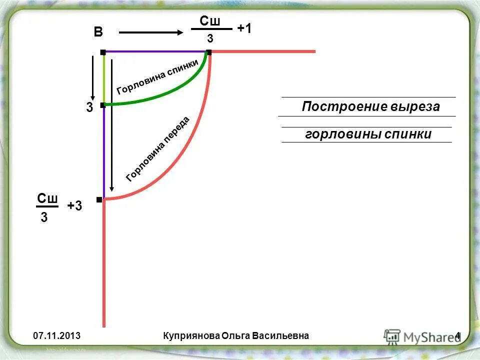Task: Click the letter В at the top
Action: (98, 33)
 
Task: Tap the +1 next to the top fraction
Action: (244, 29)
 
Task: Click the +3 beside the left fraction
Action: (74, 206)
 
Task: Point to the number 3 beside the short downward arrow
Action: (89, 107)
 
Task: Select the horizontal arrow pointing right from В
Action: (151, 33)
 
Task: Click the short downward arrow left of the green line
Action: (92, 77)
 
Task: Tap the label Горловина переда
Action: (157, 148)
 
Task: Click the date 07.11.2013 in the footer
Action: (57, 335)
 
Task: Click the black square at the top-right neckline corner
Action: (209, 52)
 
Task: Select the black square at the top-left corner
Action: (102, 52)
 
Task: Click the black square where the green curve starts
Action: (102, 105)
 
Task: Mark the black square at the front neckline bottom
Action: (99, 199)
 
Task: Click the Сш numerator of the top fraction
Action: (210, 21)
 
